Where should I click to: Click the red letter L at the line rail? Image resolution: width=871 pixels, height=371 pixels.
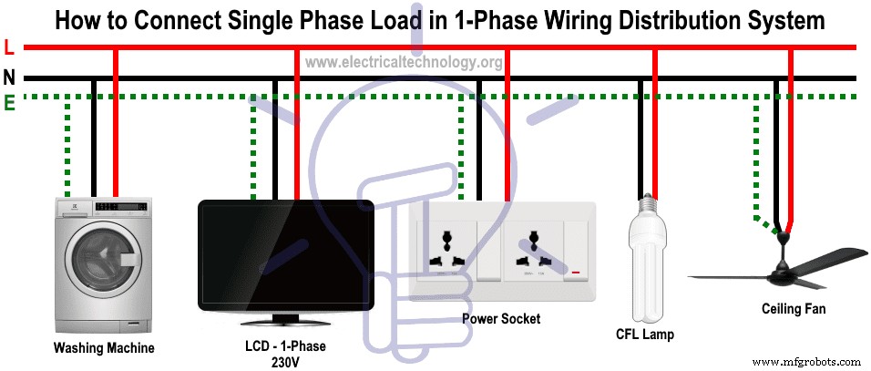pos(8,46)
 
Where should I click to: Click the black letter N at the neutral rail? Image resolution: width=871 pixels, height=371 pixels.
pos(9,77)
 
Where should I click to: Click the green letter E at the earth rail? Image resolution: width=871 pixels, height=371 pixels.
pos(9,103)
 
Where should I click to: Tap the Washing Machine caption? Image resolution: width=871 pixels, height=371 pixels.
pos(104,347)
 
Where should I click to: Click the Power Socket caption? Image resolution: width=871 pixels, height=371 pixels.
pos(500,319)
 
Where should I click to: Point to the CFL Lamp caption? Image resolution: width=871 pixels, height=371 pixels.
pos(645,335)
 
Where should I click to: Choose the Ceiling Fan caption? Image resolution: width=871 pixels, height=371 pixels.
pos(794,309)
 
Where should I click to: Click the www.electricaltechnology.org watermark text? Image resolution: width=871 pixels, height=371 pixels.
pos(403,62)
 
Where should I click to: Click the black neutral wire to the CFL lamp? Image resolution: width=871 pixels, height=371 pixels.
pos(639,137)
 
